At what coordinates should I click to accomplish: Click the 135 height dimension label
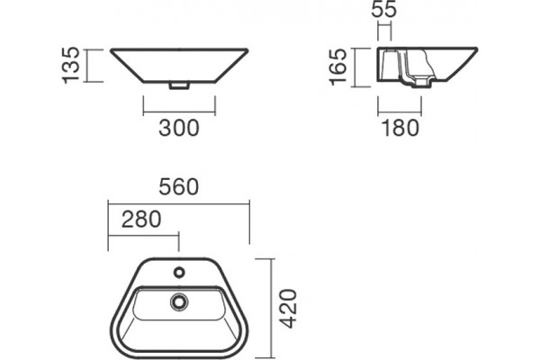click(x=71, y=66)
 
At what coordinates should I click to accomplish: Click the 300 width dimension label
click(x=179, y=128)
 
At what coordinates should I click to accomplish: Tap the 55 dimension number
click(x=384, y=9)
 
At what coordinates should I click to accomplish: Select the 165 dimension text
click(x=338, y=67)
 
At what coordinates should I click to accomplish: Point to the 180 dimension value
click(x=400, y=128)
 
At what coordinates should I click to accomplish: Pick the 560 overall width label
click(x=179, y=187)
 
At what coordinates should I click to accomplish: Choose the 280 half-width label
click(x=141, y=219)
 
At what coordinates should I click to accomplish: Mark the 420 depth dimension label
click(x=288, y=309)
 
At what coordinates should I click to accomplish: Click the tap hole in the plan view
click(x=179, y=273)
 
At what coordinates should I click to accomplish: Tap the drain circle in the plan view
click(x=179, y=302)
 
